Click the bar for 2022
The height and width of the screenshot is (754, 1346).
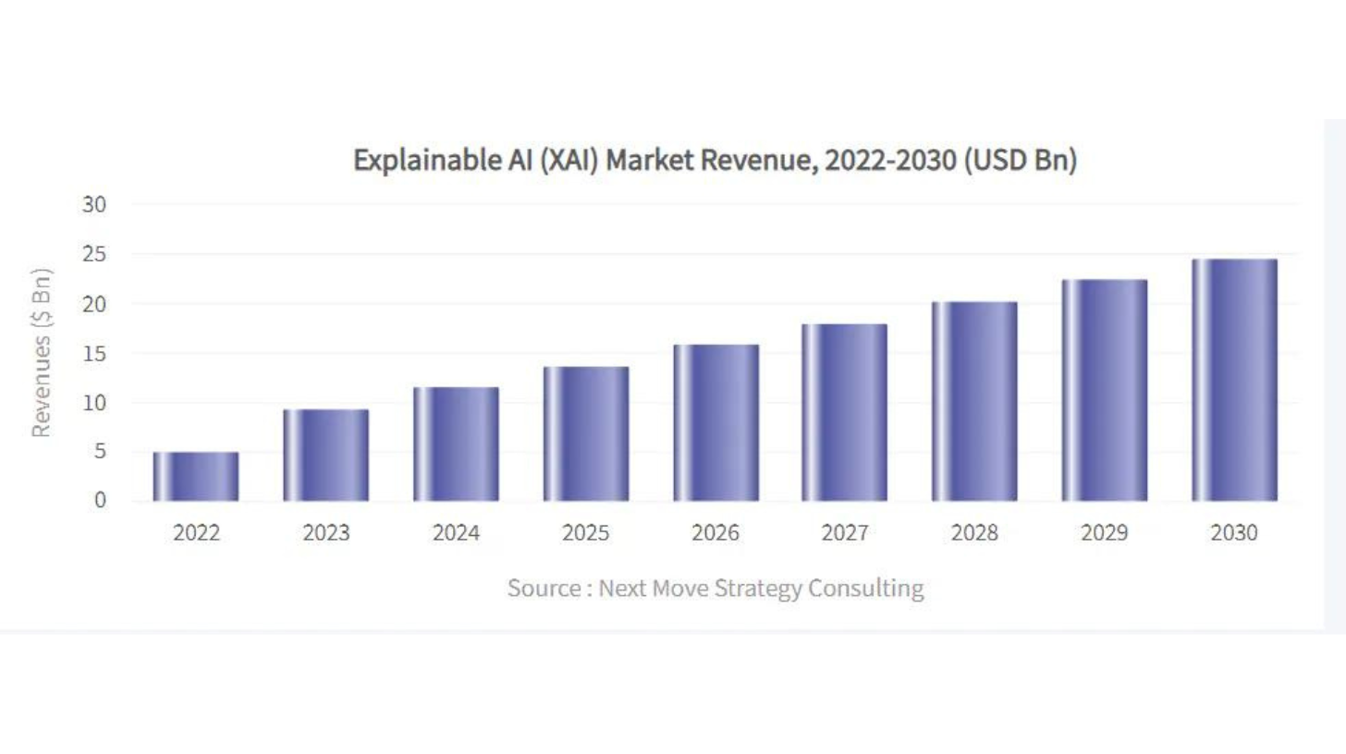click(196, 477)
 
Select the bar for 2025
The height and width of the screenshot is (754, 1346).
click(586, 434)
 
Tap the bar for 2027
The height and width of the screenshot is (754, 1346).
click(845, 413)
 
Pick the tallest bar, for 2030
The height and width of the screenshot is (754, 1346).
click(1234, 381)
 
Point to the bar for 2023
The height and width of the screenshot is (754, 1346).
click(325, 456)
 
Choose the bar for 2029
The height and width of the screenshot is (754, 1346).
click(1105, 391)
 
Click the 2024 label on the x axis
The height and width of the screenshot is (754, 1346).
click(456, 534)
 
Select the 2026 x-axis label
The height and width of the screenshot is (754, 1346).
click(716, 534)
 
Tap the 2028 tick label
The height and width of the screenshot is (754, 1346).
click(974, 534)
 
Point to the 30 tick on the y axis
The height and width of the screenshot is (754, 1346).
click(95, 205)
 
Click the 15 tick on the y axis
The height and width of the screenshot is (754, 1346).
click(95, 354)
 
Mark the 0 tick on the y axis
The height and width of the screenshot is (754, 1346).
click(101, 501)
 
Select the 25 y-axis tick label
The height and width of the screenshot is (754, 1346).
click(95, 255)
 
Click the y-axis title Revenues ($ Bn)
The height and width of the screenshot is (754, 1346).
click(41, 353)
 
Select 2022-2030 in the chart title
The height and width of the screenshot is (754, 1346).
click(889, 161)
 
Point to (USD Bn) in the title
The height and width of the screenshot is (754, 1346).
click(1021, 161)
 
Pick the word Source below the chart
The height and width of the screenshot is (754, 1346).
click(543, 589)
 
